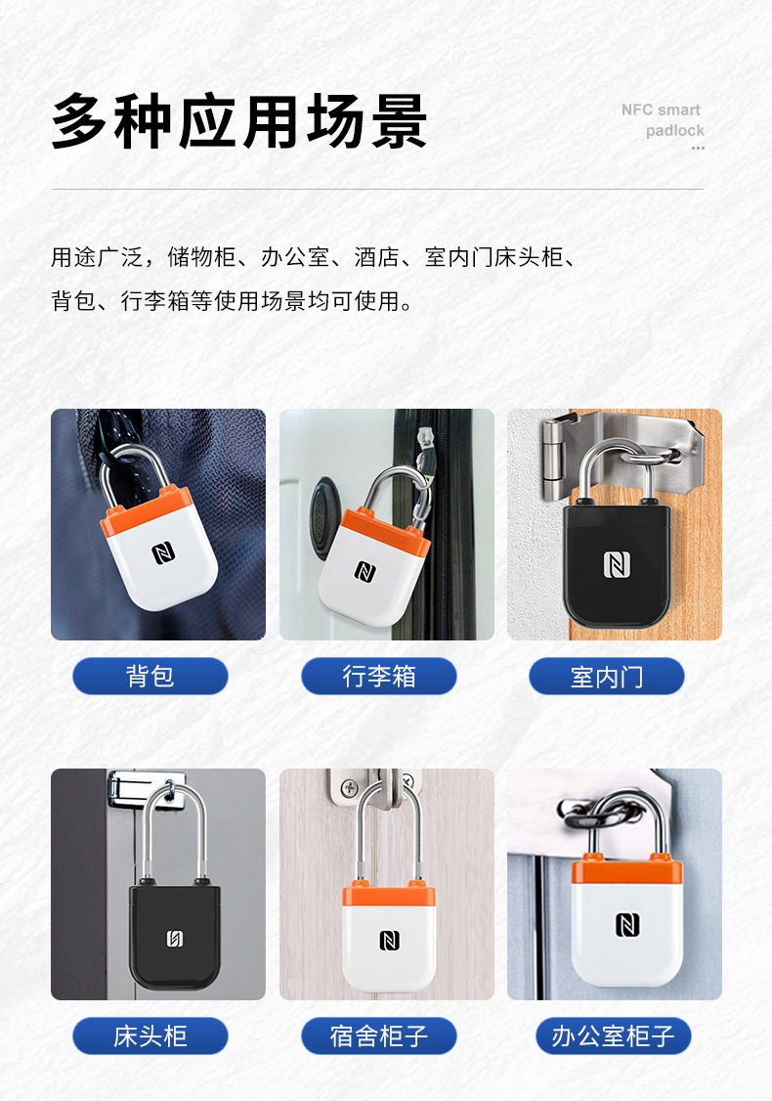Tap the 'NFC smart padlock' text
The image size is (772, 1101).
click(x=663, y=120)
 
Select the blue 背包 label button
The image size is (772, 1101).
click(x=150, y=677)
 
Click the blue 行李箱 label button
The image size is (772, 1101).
click(x=378, y=677)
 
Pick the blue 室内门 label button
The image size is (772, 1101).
click(x=607, y=677)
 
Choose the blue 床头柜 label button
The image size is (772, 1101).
click(x=150, y=1036)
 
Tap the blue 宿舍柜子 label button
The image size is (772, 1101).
click(x=378, y=1036)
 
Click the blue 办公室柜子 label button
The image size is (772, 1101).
click(x=613, y=1036)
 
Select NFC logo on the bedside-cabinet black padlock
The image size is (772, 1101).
click(x=175, y=939)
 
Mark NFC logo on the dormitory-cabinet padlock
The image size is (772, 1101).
click(x=389, y=940)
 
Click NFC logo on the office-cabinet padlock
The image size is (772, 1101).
click(x=627, y=924)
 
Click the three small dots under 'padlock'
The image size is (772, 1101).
click(x=698, y=149)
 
